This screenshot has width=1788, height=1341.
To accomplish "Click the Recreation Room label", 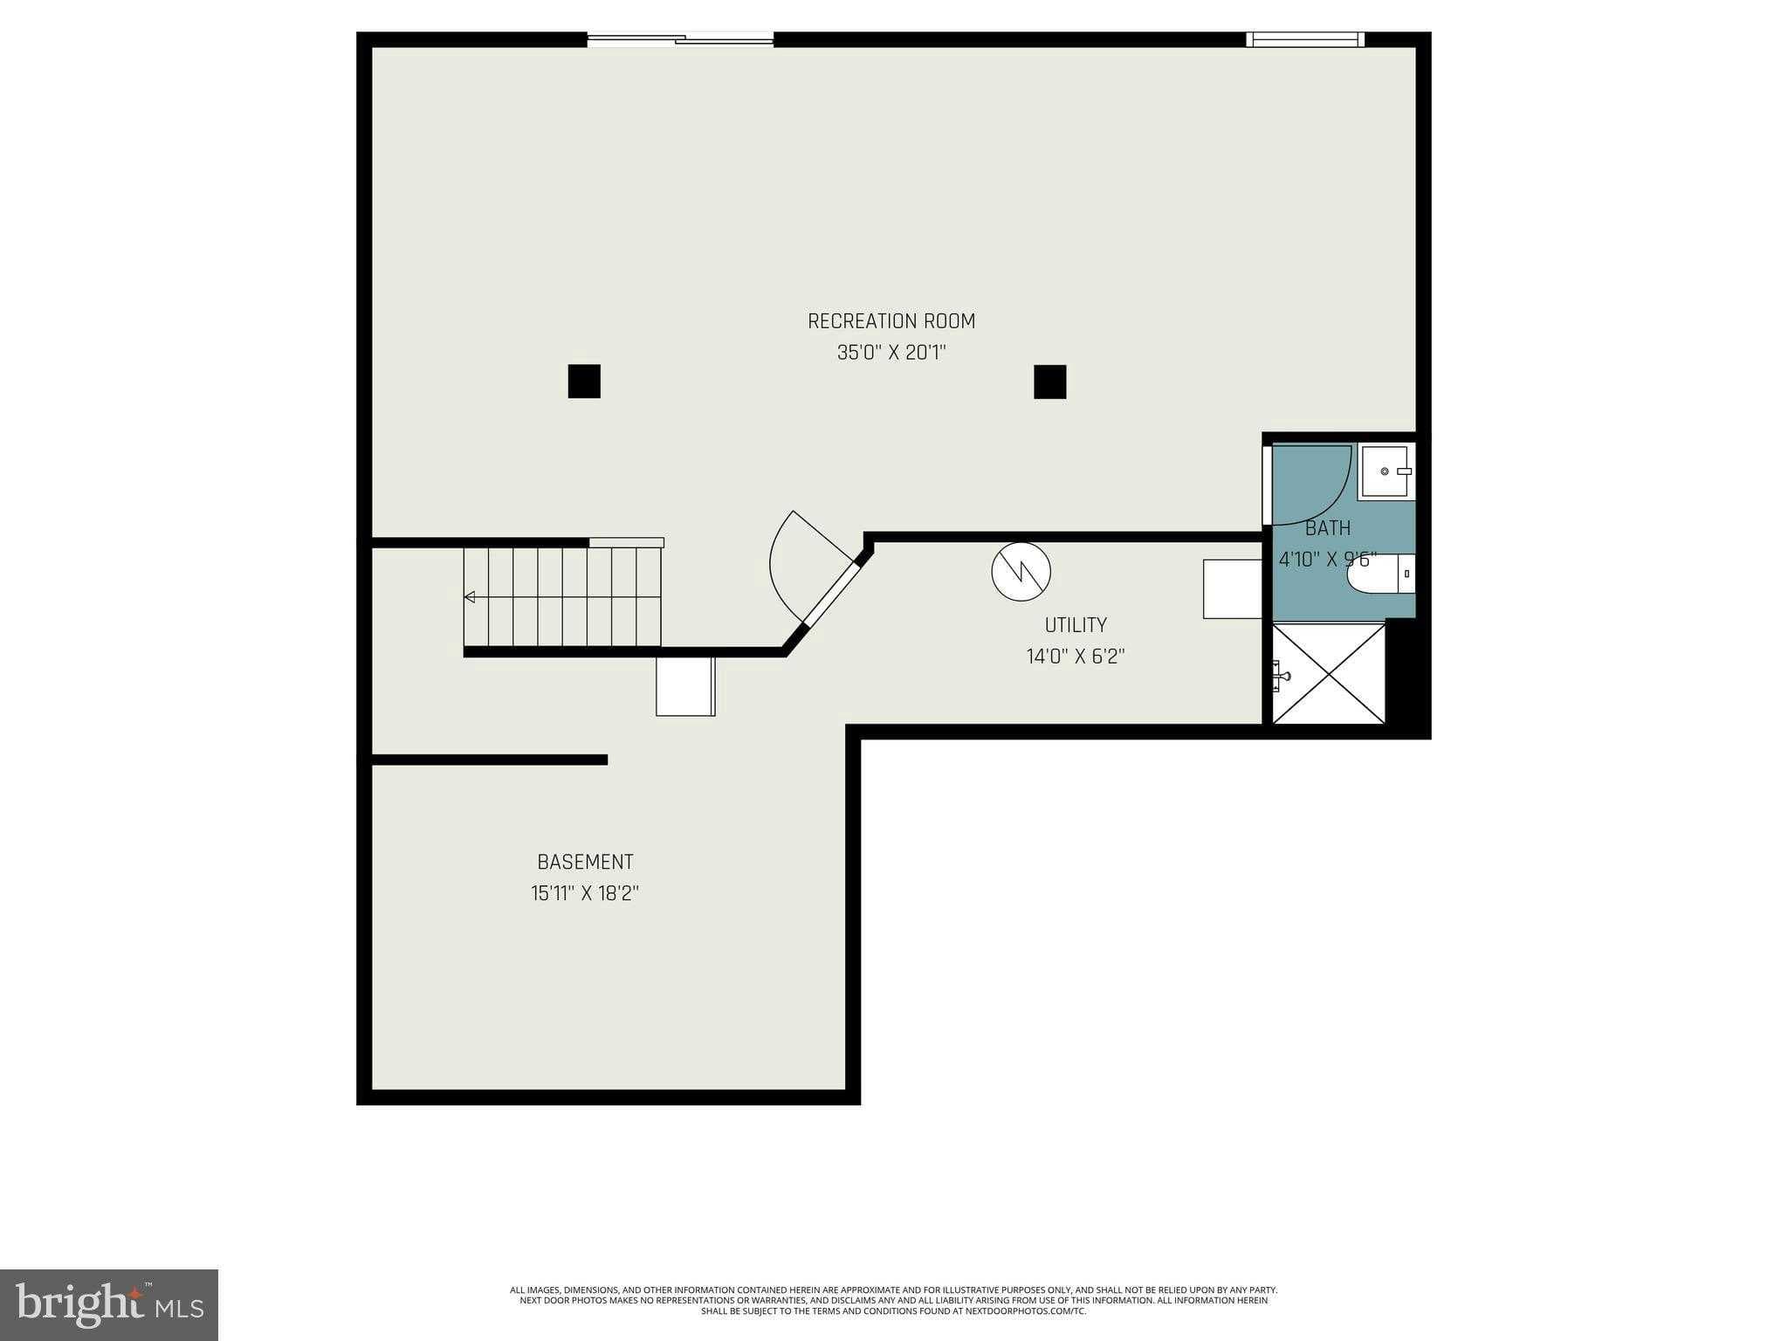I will pyautogui.click(x=891, y=321).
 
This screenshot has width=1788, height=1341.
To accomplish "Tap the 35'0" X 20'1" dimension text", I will pyautogui.click(x=891, y=353).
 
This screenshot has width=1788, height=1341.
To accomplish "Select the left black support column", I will pyautogui.click(x=584, y=382).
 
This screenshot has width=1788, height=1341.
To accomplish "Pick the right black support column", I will pyautogui.click(x=1049, y=382).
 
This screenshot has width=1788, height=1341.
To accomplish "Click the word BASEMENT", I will pyautogui.click(x=585, y=862).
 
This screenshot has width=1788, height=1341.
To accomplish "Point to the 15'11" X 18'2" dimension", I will pyautogui.click(x=585, y=893).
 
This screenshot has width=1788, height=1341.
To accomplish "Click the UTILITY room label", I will pyautogui.click(x=1076, y=625).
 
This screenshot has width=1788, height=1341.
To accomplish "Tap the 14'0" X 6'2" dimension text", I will pyautogui.click(x=1076, y=657).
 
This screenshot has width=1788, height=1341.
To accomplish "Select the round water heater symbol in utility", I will pyautogui.click(x=1021, y=572).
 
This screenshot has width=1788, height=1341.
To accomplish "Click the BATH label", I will pyautogui.click(x=1328, y=528).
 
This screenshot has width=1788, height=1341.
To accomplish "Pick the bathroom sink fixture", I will pyautogui.click(x=1386, y=471).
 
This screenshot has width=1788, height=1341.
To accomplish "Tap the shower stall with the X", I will pyautogui.click(x=1328, y=673).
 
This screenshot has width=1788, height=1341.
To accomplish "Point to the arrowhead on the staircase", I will pyautogui.click(x=470, y=597).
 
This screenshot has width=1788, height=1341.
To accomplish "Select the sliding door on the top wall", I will pyautogui.click(x=680, y=38).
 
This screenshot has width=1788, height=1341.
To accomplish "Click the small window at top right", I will pyautogui.click(x=1304, y=39).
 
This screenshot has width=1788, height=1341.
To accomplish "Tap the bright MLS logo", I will pyautogui.click(x=109, y=1304).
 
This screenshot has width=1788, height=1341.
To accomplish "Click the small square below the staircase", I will pyautogui.click(x=685, y=686).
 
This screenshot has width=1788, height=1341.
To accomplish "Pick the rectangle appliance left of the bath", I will pyautogui.click(x=1232, y=589).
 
